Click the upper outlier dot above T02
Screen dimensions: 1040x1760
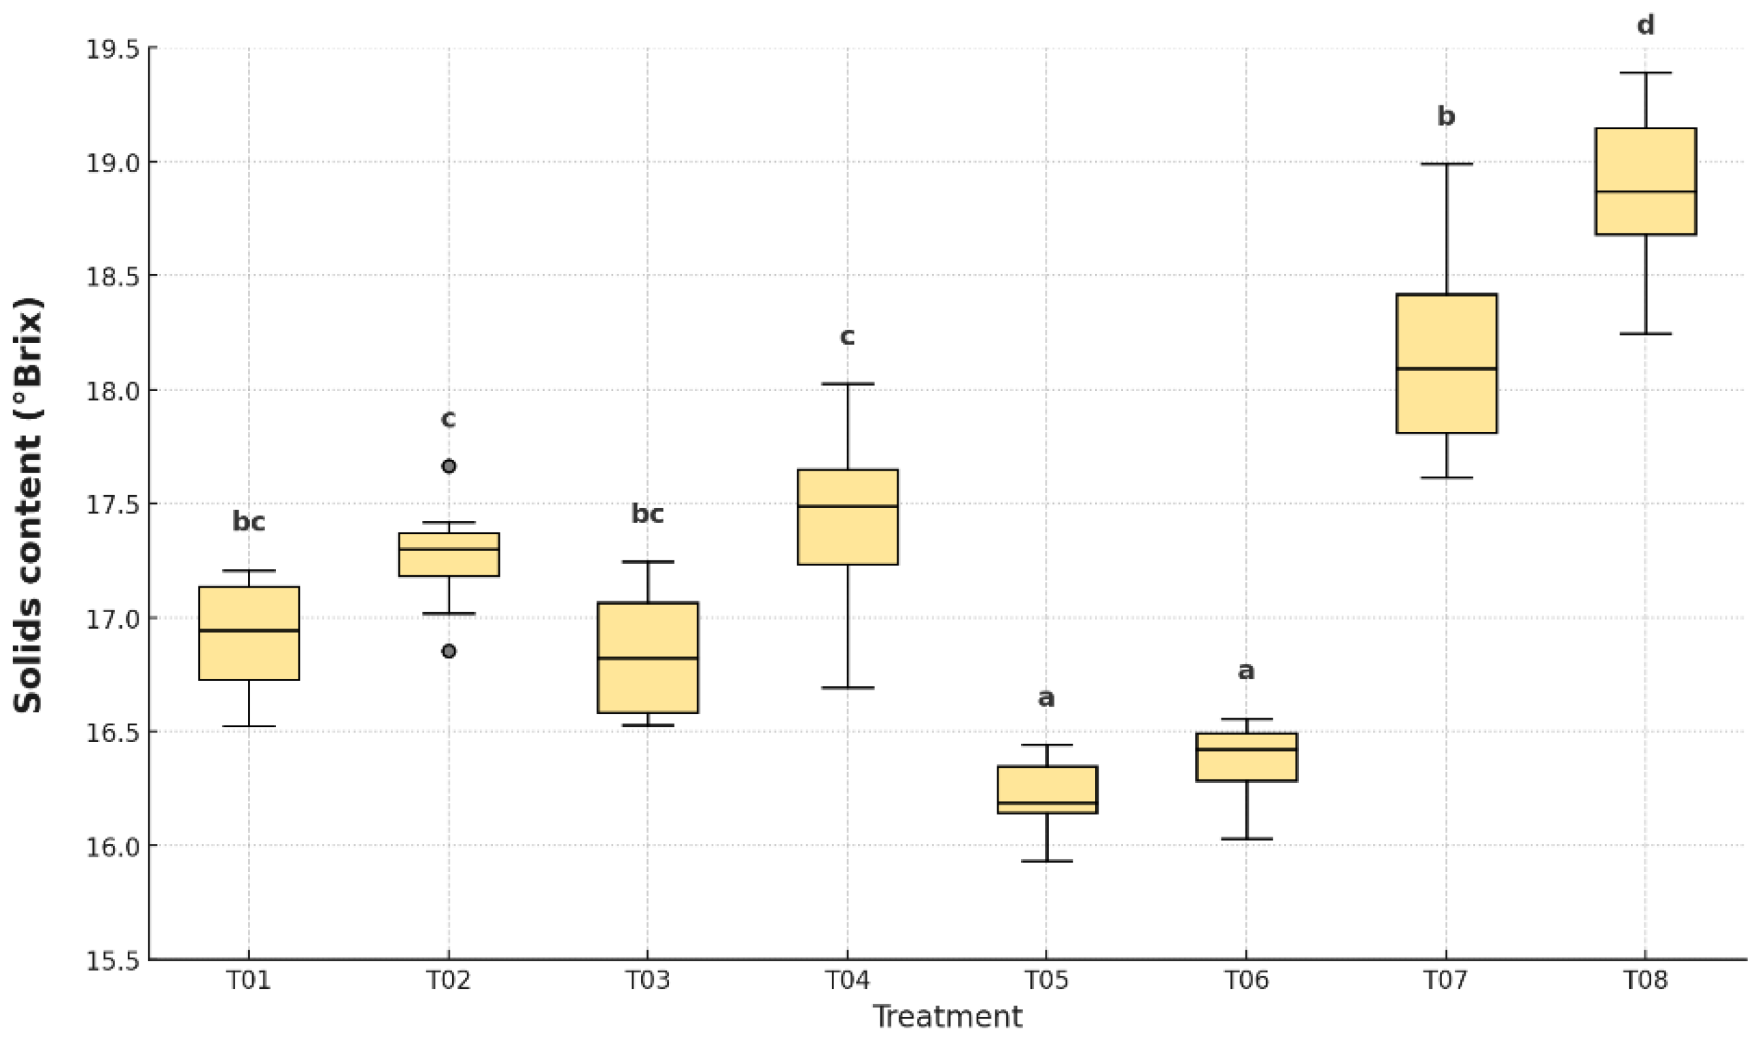click(449, 466)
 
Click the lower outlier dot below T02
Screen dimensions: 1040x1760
click(449, 651)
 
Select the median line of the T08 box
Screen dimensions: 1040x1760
click(1645, 191)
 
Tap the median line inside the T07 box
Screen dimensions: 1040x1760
click(1446, 369)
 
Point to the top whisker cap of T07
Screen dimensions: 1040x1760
click(1446, 164)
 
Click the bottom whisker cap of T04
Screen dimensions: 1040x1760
click(848, 688)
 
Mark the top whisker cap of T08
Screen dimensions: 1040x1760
click(1645, 73)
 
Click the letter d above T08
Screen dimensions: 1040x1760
click(1645, 26)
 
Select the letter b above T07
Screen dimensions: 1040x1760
click(1446, 116)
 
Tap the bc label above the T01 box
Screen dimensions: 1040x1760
click(249, 522)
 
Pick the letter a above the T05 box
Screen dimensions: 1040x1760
click(1046, 698)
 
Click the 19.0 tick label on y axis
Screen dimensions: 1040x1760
click(112, 163)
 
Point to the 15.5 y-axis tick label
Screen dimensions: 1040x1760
click(112, 961)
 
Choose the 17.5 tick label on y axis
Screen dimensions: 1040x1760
click(112, 505)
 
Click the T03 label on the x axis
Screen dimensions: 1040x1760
click(647, 979)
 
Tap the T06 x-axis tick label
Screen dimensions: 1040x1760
click(1246, 979)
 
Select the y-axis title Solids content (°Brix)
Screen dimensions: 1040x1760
click(28, 505)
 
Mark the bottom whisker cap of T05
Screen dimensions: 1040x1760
click(1046, 860)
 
